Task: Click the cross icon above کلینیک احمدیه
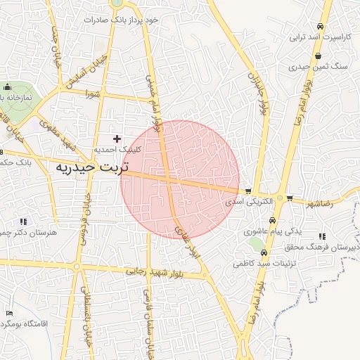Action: [117, 139]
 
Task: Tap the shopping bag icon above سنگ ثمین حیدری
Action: [319, 56]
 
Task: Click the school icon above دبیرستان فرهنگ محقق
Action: [322, 236]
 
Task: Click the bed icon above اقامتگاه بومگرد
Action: [9, 313]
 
